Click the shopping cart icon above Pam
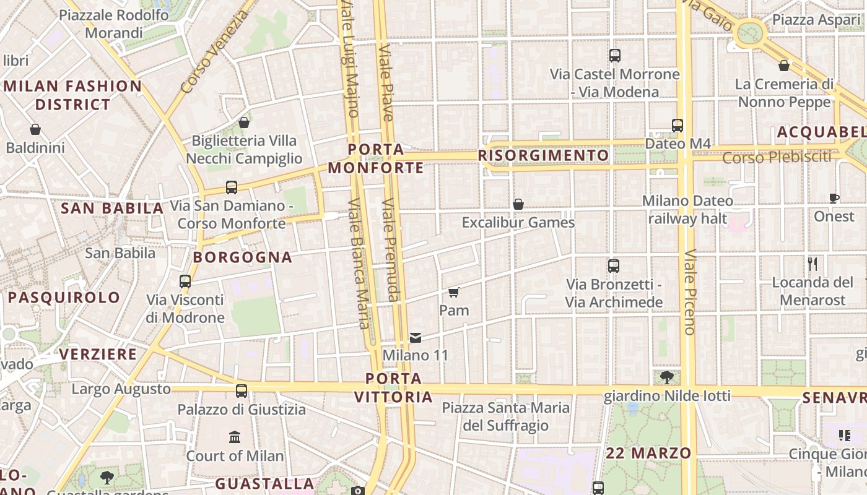(x=454, y=292)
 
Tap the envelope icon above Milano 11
(x=416, y=338)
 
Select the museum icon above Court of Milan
(x=235, y=437)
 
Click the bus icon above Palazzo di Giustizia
(x=242, y=391)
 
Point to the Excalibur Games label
(x=518, y=222)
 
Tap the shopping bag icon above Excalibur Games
(x=518, y=204)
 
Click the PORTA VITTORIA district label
(x=394, y=387)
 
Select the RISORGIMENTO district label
(x=544, y=155)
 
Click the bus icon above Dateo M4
(x=677, y=125)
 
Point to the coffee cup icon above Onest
(x=834, y=198)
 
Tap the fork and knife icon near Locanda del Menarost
(x=813, y=264)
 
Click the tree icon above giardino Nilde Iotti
(x=667, y=377)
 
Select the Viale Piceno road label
(x=690, y=292)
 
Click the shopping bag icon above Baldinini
(x=35, y=129)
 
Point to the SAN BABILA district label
(x=112, y=209)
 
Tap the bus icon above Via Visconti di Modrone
(x=185, y=282)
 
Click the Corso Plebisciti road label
(x=777, y=157)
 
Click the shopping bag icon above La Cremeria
(x=784, y=66)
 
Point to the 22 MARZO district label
(x=648, y=453)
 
